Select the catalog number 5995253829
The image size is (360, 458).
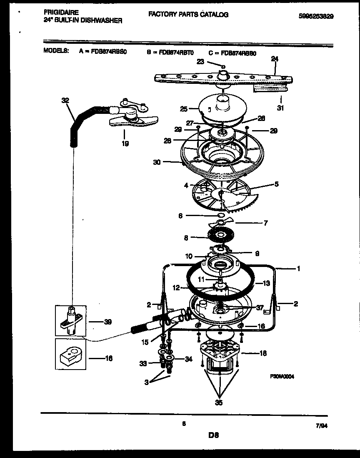point(317,16)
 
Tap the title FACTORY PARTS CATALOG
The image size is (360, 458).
point(188,15)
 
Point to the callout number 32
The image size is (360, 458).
point(65,100)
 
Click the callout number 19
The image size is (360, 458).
point(125,143)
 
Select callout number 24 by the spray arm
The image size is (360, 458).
point(274,59)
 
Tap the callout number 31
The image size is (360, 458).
point(280,109)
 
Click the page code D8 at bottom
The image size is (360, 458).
point(213,435)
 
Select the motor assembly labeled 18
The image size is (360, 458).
point(219,357)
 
